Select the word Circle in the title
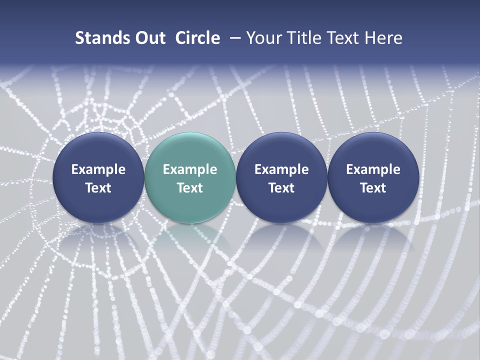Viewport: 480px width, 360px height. coord(197,38)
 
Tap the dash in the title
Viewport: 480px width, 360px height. coord(233,38)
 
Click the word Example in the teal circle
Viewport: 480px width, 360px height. coord(190,169)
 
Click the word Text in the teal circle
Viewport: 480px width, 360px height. coord(190,188)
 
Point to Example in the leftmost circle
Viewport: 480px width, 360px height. coord(98,169)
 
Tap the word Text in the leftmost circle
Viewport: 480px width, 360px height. coord(98,188)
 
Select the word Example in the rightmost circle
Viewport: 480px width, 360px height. coord(373,169)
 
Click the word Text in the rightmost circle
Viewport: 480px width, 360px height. coord(373,188)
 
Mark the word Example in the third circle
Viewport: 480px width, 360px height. coord(281,169)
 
